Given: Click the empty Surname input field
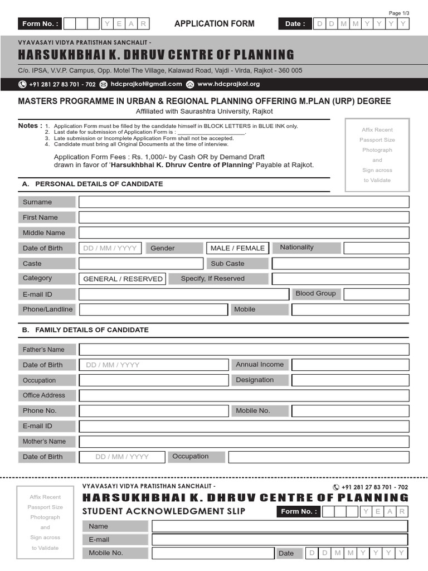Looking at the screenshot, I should click(x=244, y=202).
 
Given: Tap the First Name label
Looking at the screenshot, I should click(x=40, y=217).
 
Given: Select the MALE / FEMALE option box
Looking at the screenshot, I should click(x=237, y=248).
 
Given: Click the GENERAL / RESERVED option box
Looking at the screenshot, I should click(x=123, y=279).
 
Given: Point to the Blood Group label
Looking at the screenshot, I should click(x=315, y=293).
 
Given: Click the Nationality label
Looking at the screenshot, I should click(x=296, y=248).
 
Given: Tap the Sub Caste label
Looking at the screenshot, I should click(x=227, y=263).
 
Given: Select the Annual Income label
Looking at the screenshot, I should click(x=260, y=365).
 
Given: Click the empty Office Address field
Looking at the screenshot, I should click(x=244, y=395).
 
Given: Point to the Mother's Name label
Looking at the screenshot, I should click(x=44, y=441).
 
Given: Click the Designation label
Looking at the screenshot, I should click(x=255, y=380).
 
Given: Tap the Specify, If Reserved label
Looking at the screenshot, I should click(x=213, y=278).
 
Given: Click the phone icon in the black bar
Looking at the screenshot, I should click(x=22, y=84).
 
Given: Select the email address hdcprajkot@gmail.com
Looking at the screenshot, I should click(x=147, y=84).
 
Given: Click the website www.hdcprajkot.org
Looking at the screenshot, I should click(x=228, y=84).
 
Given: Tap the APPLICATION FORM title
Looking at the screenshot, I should click(x=214, y=23).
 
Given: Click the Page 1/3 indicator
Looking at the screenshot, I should click(x=398, y=13).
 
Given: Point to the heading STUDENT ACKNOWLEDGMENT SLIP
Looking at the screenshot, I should click(x=163, y=511).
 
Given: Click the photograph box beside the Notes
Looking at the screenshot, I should click(x=377, y=154).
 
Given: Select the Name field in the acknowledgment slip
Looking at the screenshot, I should click(x=280, y=526).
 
